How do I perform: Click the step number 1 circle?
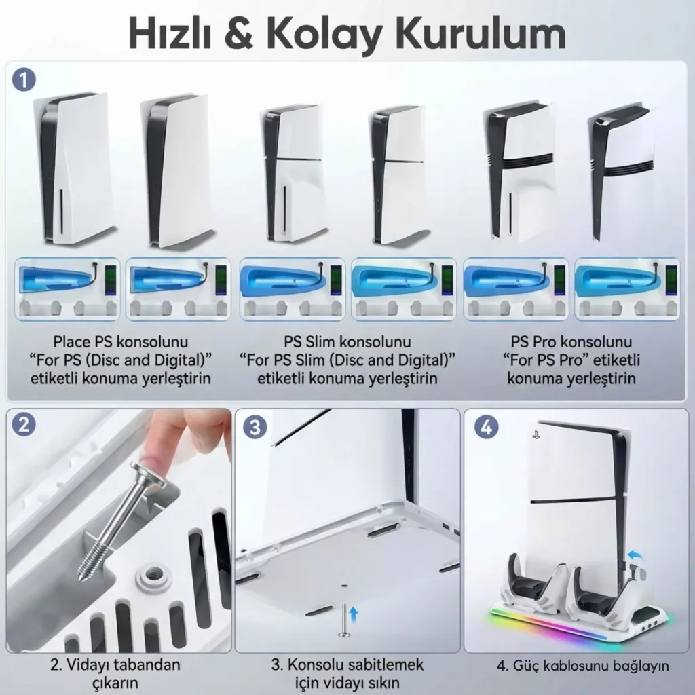(x=24, y=80)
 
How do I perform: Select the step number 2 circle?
(x=24, y=424)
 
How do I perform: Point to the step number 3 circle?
(x=255, y=427)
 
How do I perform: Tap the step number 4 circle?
(x=486, y=427)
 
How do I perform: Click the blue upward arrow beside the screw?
(x=353, y=615)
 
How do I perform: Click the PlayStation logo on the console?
(x=536, y=435)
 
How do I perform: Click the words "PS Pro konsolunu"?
(x=571, y=342)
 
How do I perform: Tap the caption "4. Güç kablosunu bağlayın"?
(x=582, y=666)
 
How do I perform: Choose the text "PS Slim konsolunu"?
(x=347, y=342)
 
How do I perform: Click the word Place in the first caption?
(x=71, y=342)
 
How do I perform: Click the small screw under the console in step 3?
(x=344, y=622)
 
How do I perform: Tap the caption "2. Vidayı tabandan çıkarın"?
(x=115, y=674)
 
